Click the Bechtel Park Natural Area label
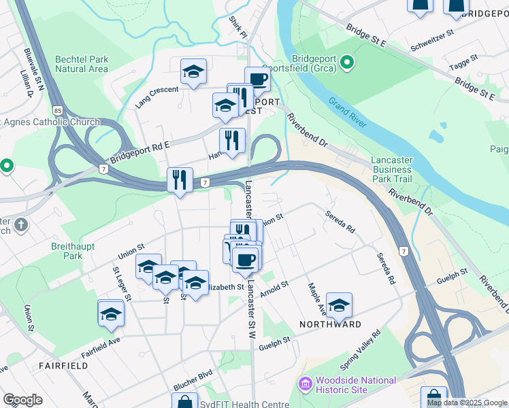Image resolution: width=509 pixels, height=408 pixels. [x=82, y=64]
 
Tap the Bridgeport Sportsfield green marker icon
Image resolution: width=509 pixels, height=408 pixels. [x=347, y=64]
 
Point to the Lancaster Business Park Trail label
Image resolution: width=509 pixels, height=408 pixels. [x=391, y=169]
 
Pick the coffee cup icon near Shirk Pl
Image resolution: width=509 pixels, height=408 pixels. [x=257, y=79]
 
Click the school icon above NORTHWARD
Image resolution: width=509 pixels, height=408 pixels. [x=339, y=305]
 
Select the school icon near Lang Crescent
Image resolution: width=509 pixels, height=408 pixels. [x=193, y=71]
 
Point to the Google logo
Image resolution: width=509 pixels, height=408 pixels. [x=22, y=400]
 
